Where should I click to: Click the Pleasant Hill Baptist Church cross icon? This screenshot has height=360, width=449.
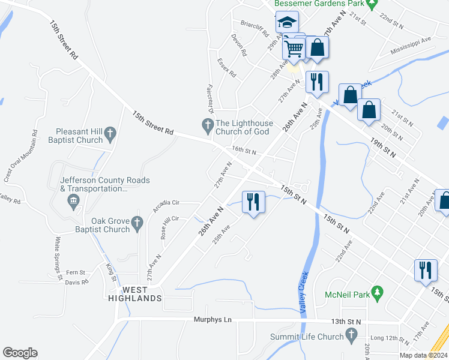pyautogui.click(x=110, y=133)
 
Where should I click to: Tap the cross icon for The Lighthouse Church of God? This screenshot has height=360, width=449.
pyautogui.click(x=207, y=125)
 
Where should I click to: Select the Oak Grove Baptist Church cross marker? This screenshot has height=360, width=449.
pyautogui.click(x=137, y=223)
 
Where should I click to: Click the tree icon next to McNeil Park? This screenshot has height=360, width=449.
pyautogui.click(x=378, y=293)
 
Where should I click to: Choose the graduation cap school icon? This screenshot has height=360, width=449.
pyautogui.click(x=287, y=23)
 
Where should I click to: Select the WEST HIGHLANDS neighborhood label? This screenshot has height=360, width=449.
pyautogui.click(x=134, y=294)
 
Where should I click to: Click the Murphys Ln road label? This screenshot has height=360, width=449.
pyautogui.click(x=212, y=320)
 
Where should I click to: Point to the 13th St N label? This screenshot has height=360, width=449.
pyautogui.click(x=345, y=322)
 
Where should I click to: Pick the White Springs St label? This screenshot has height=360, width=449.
pyautogui.click(x=58, y=259)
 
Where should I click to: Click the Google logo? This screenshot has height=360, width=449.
pyautogui.click(x=20, y=353)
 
